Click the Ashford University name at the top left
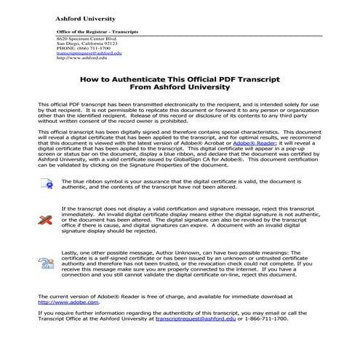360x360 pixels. coord(82,17)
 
